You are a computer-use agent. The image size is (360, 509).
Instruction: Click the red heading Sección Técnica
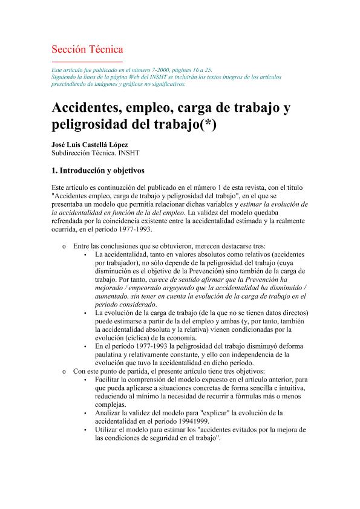click(87, 49)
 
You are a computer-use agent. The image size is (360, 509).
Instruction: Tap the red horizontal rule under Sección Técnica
click(87, 62)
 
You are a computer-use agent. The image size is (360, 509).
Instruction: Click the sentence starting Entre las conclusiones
click(169, 247)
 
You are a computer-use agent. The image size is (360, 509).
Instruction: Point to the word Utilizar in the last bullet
click(109, 430)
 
